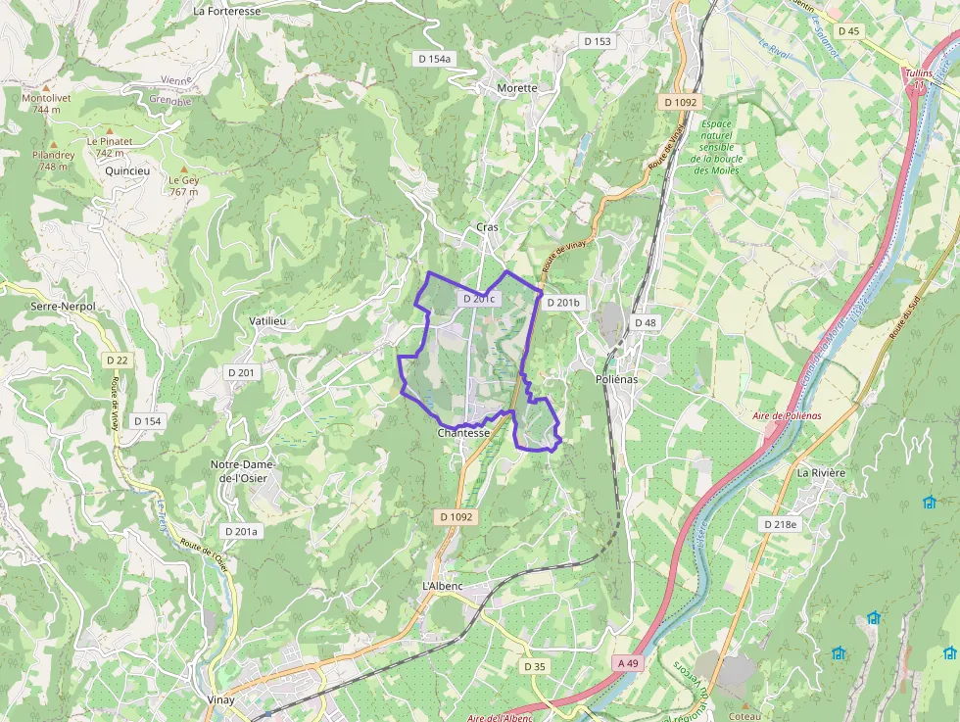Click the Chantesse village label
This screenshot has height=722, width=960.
(x=463, y=432)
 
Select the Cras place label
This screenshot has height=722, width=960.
(x=487, y=227)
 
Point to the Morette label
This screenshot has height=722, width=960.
(x=517, y=88)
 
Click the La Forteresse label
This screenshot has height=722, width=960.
(x=226, y=12)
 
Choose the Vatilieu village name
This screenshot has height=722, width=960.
(x=267, y=321)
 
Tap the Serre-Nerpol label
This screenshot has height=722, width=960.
(x=64, y=307)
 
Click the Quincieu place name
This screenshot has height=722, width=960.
(x=127, y=170)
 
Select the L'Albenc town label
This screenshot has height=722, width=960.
(x=442, y=586)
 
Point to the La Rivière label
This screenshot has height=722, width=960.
(x=821, y=472)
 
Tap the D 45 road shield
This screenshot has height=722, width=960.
(x=848, y=31)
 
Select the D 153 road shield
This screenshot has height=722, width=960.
(x=597, y=41)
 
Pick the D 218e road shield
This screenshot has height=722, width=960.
(x=781, y=525)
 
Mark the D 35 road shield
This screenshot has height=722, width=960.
(x=534, y=666)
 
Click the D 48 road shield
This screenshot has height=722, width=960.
(x=645, y=322)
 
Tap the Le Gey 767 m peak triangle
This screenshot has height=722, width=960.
(x=183, y=168)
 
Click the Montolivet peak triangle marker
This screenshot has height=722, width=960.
(x=45, y=87)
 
